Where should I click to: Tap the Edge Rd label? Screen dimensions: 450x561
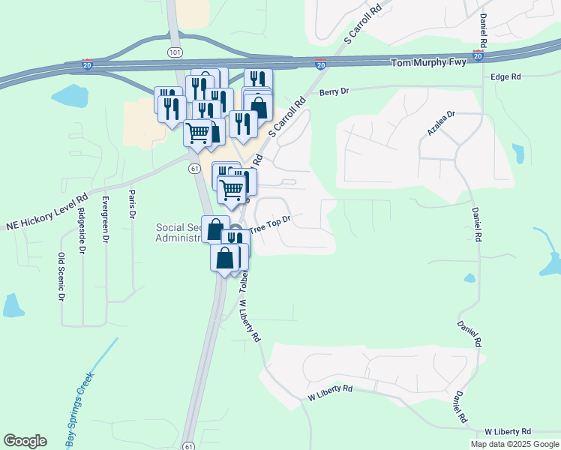click(505, 77)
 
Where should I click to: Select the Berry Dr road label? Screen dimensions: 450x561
click(334, 92)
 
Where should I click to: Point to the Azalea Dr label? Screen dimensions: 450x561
click(441, 122)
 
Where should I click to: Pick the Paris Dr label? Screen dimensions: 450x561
click(132, 203)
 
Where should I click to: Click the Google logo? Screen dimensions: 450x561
click(25, 441)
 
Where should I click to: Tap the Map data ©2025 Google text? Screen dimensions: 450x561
click(514, 444)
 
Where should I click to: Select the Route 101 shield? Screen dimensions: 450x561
click(175, 52)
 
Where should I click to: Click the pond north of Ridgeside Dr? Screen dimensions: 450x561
click(69, 96)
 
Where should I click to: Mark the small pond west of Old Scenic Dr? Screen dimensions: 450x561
click(13, 305)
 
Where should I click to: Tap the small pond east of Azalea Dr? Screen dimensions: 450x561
click(518, 153)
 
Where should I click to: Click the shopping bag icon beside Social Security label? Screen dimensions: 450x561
click(215, 229)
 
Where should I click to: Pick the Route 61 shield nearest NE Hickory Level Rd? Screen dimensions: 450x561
click(194, 169)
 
